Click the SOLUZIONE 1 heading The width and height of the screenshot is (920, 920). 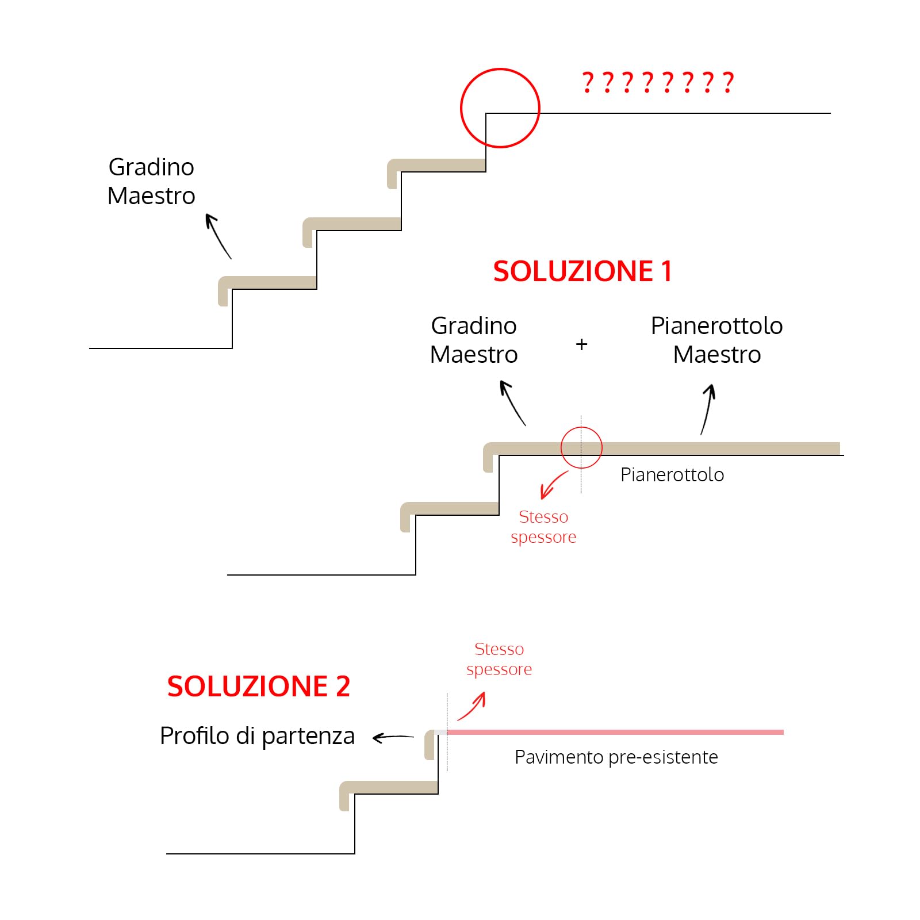[x=582, y=271]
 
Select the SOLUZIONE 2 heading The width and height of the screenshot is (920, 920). [x=258, y=686]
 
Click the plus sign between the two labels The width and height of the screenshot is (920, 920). [x=581, y=344]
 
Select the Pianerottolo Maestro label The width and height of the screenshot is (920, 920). [x=716, y=340]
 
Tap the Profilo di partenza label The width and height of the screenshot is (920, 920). [x=257, y=735]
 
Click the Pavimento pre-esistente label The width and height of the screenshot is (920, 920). [x=616, y=757]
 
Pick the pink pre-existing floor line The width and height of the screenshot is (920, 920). [x=615, y=732]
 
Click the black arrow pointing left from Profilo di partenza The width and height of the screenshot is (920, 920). [x=393, y=737]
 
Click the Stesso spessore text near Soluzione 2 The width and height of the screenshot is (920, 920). [x=499, y=659]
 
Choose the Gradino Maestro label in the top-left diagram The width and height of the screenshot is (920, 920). [x=151, y=181]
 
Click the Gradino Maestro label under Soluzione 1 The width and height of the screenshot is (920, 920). [x=474, y=340]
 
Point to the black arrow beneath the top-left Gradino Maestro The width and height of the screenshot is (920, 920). [x=218, y=236]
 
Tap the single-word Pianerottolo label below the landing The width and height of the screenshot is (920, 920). [x=672, y=475]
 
